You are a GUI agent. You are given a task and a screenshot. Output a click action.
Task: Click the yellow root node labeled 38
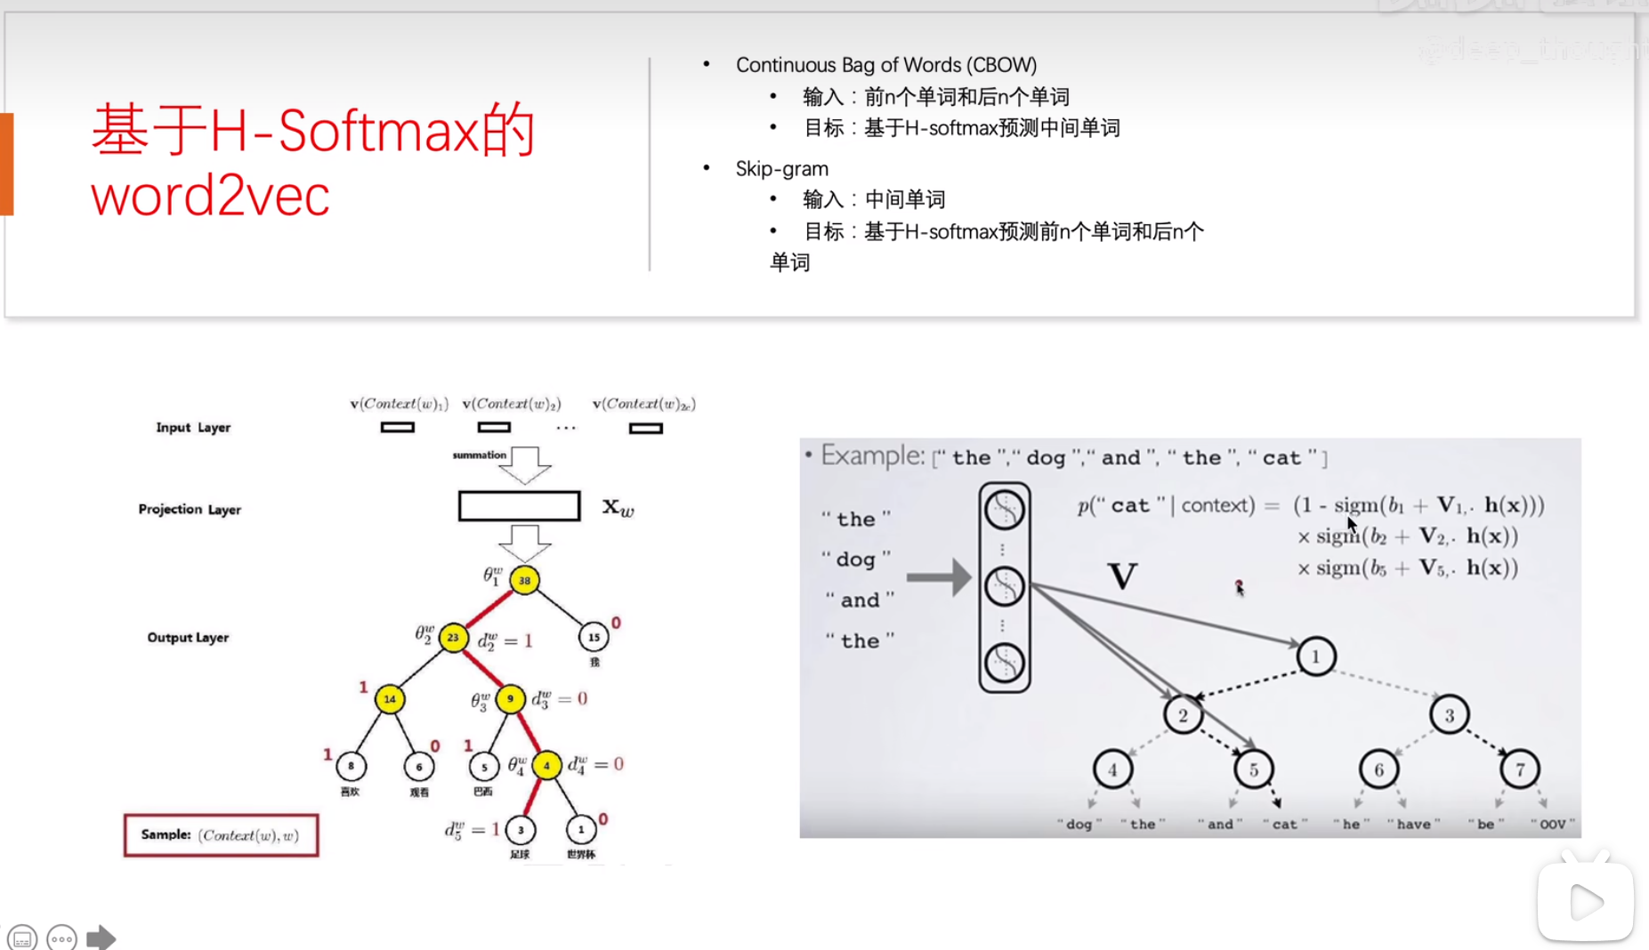tap(524, 580)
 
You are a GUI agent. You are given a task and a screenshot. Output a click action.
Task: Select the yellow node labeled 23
tap(453, 637)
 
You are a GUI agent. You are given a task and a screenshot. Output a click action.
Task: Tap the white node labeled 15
tap(594, 637)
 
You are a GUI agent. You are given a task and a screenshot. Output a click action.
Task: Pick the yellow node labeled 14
tap(390, 699)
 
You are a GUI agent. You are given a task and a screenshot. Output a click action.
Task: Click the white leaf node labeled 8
tap(351, 765)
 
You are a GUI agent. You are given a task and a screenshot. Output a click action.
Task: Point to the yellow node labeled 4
tap(546, 765)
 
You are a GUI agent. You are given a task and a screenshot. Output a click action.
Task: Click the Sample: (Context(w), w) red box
tap(221, 835)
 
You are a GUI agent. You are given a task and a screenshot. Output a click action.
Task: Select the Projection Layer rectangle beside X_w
tap(519, 506)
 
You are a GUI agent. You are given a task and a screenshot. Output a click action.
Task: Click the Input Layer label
tap(193, 428)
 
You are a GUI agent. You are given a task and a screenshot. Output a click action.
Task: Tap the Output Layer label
tap(188, 638)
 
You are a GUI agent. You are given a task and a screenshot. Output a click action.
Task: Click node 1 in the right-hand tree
tap(1316, 656)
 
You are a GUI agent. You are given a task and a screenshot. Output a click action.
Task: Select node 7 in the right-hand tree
tap(1520, 769)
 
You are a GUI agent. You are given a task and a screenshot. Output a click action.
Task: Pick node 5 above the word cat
tap(1253, 769)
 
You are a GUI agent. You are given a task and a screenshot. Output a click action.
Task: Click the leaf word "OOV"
tap(1553, 825)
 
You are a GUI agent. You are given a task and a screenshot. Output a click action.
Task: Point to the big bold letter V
tap(1122, 576)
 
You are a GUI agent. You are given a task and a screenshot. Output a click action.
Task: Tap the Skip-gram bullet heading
tap(781, 169)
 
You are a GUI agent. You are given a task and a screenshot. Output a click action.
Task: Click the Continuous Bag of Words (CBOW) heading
tap(885, 65)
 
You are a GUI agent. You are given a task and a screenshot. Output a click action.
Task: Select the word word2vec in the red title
tap(210, 196)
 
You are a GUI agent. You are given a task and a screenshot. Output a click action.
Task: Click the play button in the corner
tap(1585, 902)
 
